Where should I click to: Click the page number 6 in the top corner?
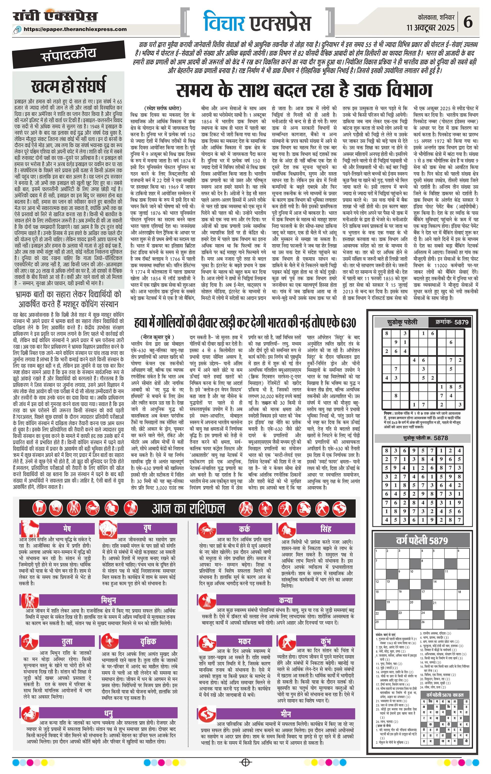[477, 22]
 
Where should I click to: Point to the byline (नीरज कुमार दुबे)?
[158, 337]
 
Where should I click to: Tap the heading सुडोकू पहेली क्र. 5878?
[425, 438]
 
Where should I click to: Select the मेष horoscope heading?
[67, 528]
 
